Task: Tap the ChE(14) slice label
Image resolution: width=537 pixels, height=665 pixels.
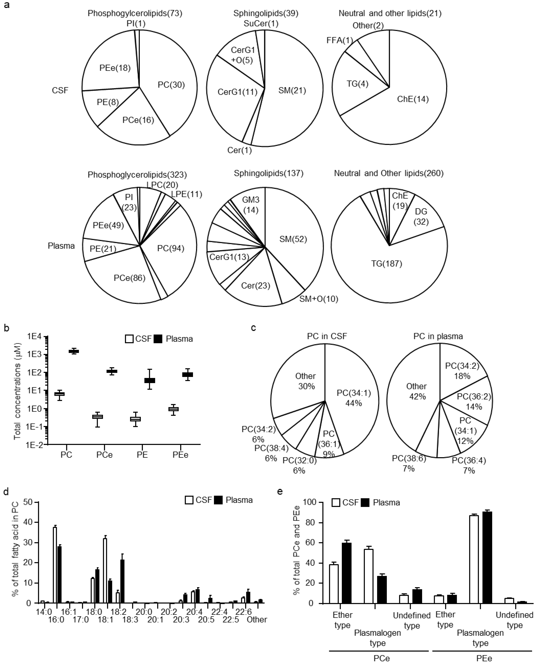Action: coord(413,99)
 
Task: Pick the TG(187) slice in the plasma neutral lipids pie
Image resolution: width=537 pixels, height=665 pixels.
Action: coord(387,264)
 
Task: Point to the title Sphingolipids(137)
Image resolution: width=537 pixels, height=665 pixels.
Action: coord(268,173)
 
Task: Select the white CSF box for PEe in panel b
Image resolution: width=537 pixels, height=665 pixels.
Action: coord(173,409)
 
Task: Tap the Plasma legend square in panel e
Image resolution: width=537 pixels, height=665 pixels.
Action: coord(365,502)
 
